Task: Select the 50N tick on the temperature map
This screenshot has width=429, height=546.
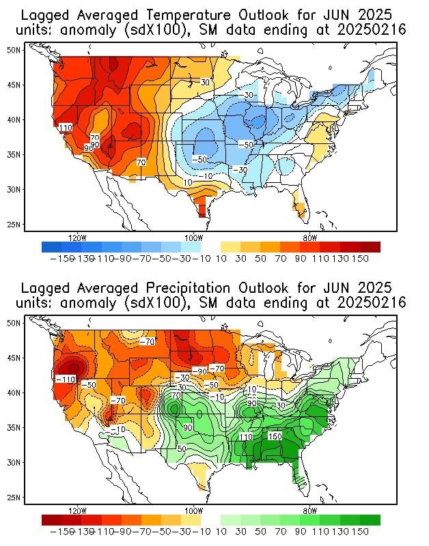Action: click(14, 50)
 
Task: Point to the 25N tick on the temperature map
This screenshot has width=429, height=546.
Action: click(14, 225)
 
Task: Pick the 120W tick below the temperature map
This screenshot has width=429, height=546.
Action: click(77, 238)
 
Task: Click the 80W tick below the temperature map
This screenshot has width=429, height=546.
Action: click(309, 238)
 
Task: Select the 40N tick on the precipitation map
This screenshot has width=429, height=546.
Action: click(14, 392)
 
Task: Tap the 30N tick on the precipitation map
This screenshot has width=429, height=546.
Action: click(14, 463)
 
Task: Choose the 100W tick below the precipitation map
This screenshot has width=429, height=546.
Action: click(193, 511)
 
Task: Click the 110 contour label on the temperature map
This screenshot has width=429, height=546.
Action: click(66, 128)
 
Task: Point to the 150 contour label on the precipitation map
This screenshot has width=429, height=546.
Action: click(275, 436)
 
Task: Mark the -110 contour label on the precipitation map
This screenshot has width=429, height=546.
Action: click(66, 379)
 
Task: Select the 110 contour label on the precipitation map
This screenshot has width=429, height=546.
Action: click(246, 437)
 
